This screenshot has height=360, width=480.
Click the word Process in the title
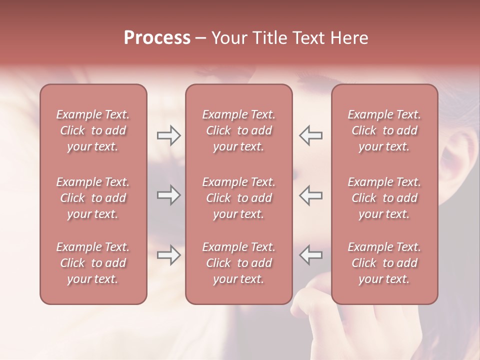pyautogui.click(x=157, y=38)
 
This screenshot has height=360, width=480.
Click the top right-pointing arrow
pyautogui.click(x=168, y=135)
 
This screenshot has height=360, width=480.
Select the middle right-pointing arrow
pyautogui.click(x=168, y=195)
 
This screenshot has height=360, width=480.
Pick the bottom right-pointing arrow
pyautogui.click(x=168, y=255)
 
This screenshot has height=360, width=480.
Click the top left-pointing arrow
pyautogui.click(x=310, y=135)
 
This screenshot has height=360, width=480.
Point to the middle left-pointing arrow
pyautogui.click(x=310, y=195)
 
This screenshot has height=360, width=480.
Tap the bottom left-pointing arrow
pyautogui.click(x=310, y=255)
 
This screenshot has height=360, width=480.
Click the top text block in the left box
pyautogui.click(x=93, y=130)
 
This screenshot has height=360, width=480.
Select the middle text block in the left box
pyautogui.click(x=93, y=198)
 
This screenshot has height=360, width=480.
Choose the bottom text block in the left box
pyautogui.click(x=93, y=263)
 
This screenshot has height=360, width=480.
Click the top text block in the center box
pyautogui.click(x=238, y=130)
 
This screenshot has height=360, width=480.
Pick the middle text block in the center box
pyautogui.click(x=238, y=198)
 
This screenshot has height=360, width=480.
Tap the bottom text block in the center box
pyautogui.click(x=238, y=263)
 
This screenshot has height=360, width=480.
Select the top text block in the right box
pyautogui.click(x=384, y=130)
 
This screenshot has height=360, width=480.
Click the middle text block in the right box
pyautogui.click(x=384, y=198)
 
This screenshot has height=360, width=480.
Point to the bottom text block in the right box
pyautogui.click(x=384, y=263)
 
